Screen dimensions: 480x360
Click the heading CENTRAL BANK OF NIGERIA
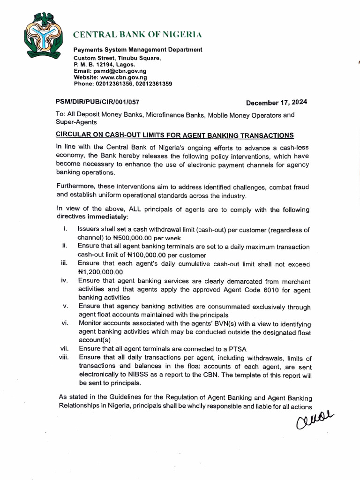(x=137, y=35)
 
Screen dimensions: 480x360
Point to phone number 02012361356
(x=115, y=84)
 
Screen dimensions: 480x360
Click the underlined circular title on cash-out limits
(x=174, y=135)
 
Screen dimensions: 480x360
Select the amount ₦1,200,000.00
(x=100, y=272)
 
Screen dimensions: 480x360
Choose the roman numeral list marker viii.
(x=64, y=357)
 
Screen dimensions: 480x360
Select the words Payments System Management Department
(x=138, y=50)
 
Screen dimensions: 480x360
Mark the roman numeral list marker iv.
(x=65, y=281)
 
